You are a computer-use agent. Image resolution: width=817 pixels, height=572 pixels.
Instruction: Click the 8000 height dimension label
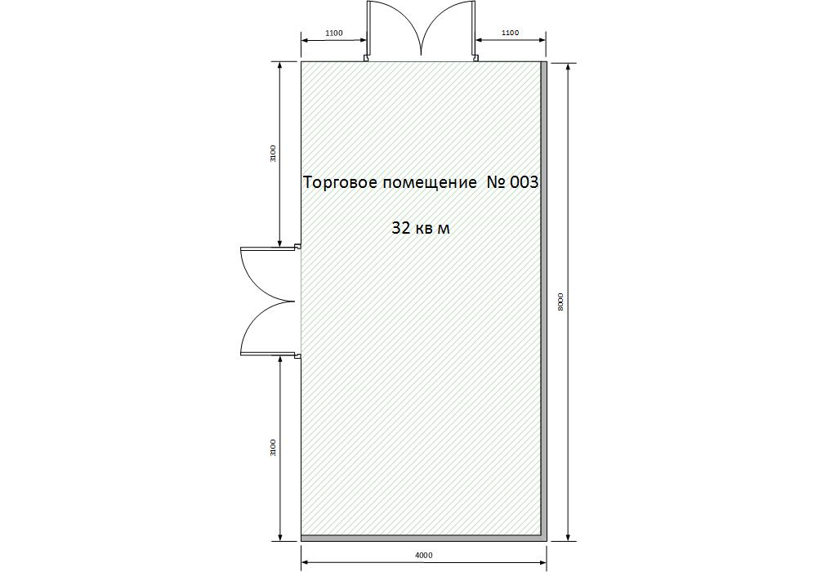pyautogui.click(x=560, y=302)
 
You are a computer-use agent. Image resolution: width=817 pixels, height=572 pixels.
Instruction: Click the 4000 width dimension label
pyautogui.click(x=423, y=555)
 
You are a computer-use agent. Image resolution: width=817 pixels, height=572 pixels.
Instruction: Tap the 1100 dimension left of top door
pyautogui.click(x=334, y=33)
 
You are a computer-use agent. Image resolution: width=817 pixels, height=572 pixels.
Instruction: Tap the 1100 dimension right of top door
pyautogui.click(x=510, y=33)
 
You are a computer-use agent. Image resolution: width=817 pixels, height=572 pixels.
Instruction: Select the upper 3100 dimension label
pyautogui.click(x=273, y=153)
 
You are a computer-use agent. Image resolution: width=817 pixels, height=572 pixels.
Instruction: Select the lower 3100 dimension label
pyautogui.click(x=273, y=448)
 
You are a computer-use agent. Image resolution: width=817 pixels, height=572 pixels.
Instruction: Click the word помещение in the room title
pyautogui.click(x=430, y=183)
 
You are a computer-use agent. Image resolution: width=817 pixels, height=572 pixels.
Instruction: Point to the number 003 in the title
pyautogui.click(x=524, y=182)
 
